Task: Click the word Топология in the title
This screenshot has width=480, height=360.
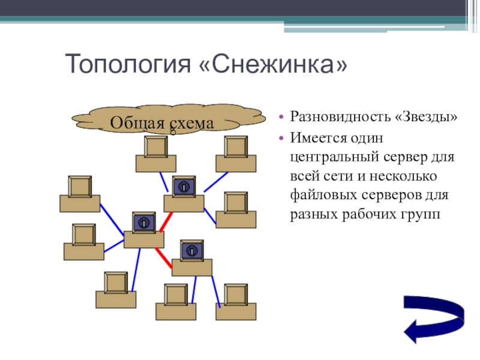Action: click(x=128, y=64)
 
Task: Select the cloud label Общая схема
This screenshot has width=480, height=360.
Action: click(x=161, y=123)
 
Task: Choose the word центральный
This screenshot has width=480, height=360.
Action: click(x=335, y=157)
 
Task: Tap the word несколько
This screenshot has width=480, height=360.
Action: click(x=403, y=176)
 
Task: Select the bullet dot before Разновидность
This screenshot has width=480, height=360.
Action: click(x=281, y=117)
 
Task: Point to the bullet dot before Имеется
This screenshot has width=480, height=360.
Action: click(x=281, y=139)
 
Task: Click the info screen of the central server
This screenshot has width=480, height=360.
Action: click(x=144, y=223)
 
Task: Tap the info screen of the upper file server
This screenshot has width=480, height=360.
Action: click(x=184, y=187)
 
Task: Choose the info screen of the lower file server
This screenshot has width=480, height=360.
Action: click(x=192, y=250)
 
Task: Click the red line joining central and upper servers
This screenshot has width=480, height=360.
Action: click(x=166, y=222)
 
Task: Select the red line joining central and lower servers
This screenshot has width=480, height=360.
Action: click(x=164, y=258)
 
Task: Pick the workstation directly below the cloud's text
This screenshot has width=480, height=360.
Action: click(x=156, y=154)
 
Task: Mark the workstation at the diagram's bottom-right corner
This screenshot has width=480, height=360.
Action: click(x=236, y=302)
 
